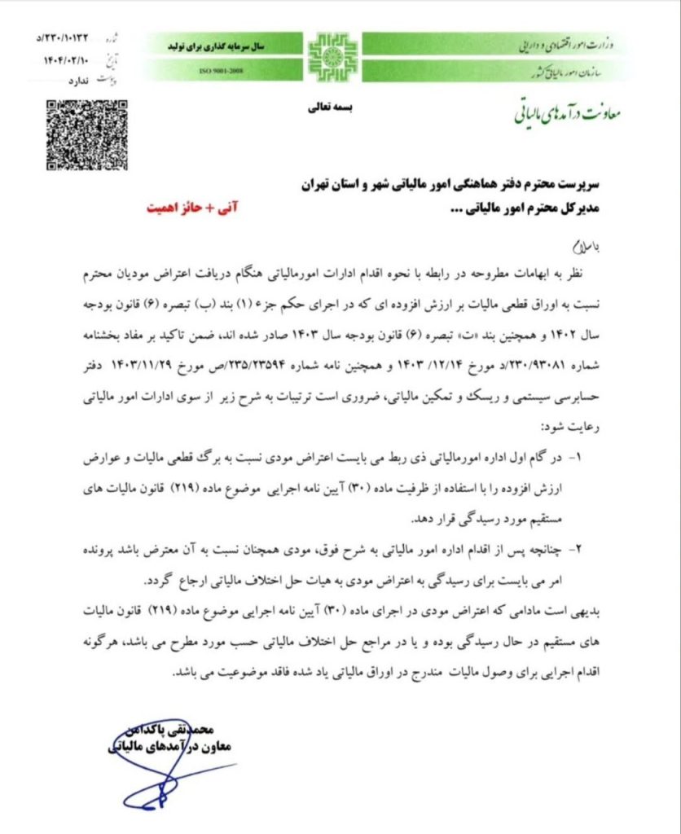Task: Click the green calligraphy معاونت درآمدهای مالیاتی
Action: pyautogui.click(x=566, y=113)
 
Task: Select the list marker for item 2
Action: pyautogui.click(x=579, y=549)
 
